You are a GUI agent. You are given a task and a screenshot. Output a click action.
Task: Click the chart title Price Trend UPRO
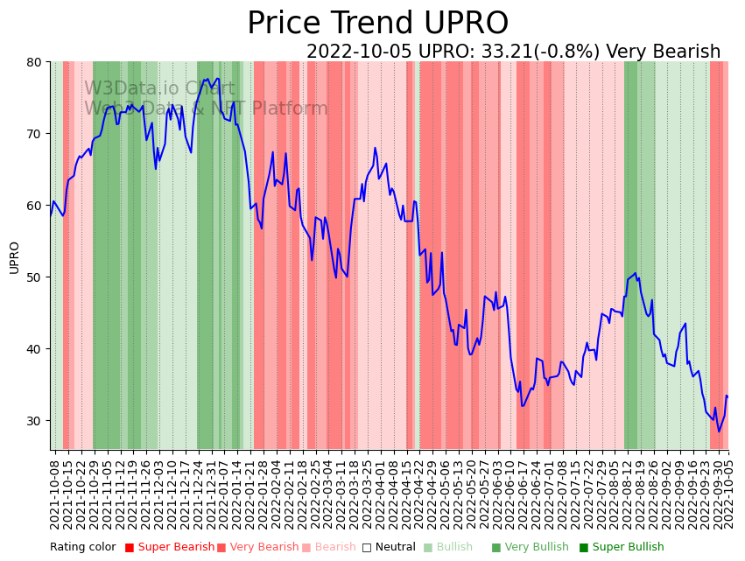377,24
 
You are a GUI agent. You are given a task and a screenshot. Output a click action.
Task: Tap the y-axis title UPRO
14,257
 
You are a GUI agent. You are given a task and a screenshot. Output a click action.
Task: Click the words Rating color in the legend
82,548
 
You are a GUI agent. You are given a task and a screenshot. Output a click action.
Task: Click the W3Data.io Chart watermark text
159,89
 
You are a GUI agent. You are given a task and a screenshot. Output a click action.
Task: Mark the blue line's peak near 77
207,80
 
